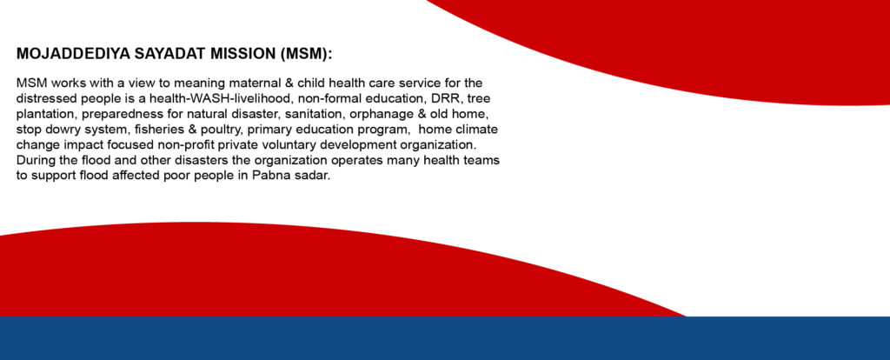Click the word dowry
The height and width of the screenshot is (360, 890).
[60, 129]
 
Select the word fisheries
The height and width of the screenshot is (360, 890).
[158, 129]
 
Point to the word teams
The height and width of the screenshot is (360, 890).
[482, 159]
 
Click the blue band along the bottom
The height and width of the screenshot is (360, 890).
[445, 338]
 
